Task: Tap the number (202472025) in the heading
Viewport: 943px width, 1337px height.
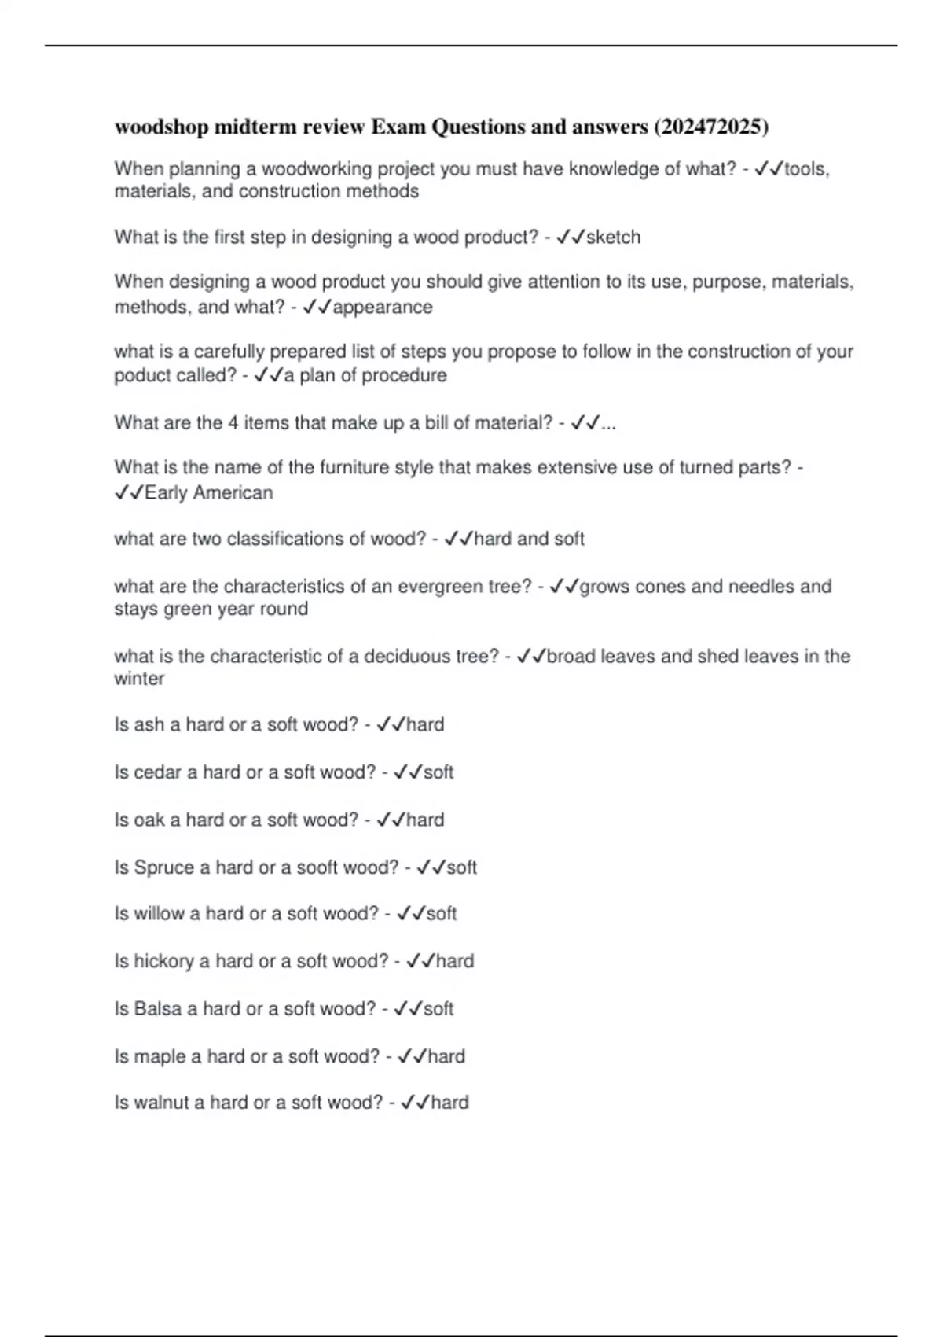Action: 711,127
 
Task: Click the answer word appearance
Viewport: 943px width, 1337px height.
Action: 383,307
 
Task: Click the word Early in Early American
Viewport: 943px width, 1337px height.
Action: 166,493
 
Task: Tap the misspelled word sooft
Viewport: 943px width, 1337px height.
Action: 317,867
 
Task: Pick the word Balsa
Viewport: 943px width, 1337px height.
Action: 158,1009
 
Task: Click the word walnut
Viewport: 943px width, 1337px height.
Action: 163,1103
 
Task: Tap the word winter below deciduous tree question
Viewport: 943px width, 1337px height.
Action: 139,679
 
